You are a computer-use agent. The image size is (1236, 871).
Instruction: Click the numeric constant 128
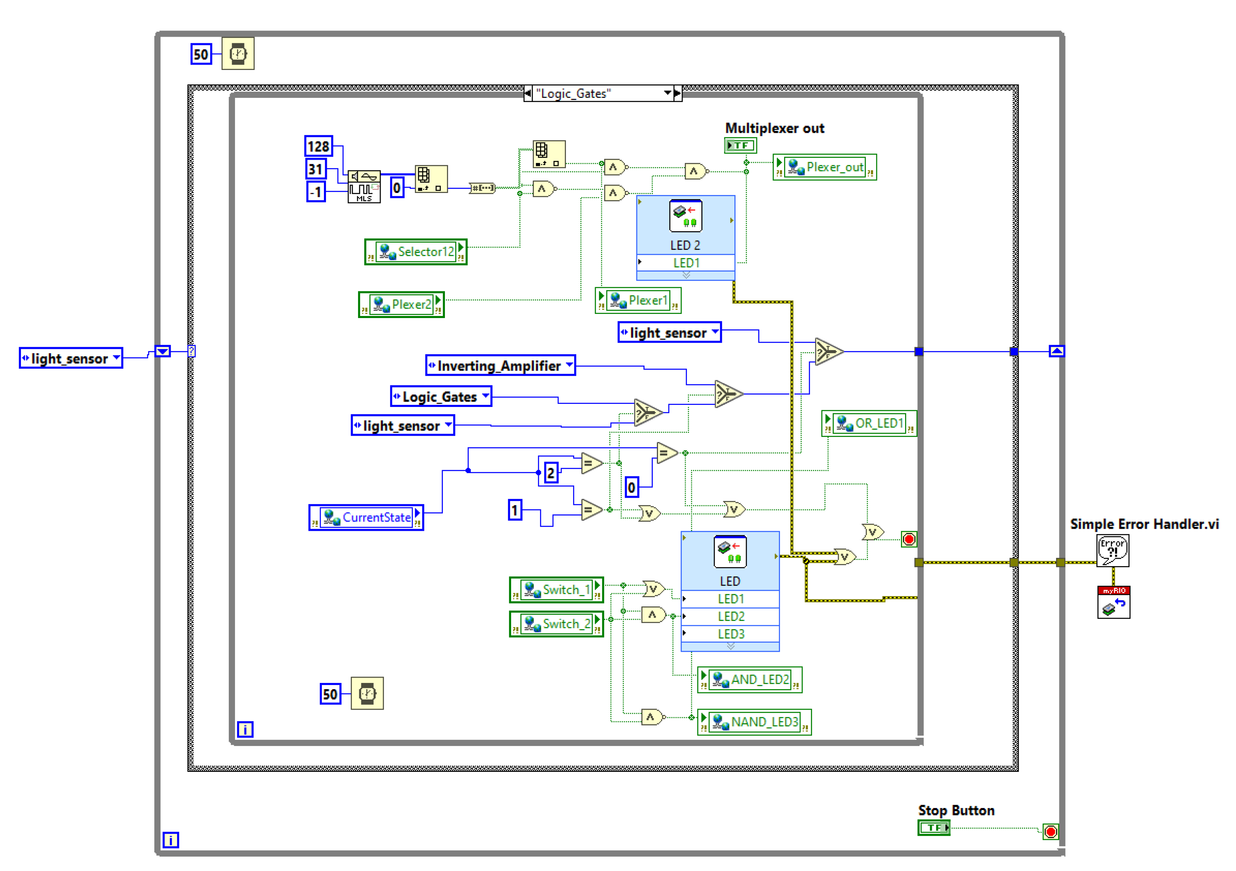click(x=318, y=146)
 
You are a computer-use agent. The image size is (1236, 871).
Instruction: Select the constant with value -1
click(x=316, y=192)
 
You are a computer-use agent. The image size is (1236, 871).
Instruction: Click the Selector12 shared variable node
click(x=416, y=252)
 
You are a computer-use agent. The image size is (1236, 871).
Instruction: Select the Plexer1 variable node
click(x=638, y=300)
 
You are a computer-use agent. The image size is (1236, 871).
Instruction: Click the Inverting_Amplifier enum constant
click(x=500, y=366)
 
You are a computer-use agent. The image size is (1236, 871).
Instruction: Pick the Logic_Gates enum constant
click(x=440, y=397)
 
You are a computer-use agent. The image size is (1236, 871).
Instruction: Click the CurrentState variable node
click(x=366, y=518)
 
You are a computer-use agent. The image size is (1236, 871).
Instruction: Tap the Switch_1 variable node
click(x=556, y=590)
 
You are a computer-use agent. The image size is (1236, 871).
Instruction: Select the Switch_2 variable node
click(x=556, y=624)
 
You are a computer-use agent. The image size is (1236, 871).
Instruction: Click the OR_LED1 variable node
click(x=869, y=423)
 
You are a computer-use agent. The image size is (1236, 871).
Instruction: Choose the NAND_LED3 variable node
click(x=754, y=722)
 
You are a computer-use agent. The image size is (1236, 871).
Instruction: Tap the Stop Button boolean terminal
click(x=933, y=827)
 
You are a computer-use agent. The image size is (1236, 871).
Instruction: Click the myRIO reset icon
click(x=1113, y=603)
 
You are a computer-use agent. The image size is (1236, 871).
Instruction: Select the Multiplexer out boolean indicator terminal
click(x=740, y=145)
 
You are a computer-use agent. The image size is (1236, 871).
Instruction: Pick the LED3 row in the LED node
click(x=731, y=634)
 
